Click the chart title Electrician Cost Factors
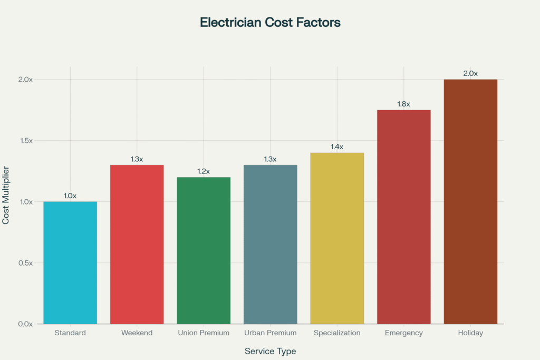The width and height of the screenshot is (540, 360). point(270,23)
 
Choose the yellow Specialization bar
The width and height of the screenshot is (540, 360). point(337,238)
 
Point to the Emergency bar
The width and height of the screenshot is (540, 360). point(403,217)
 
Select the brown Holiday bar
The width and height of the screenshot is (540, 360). point(470,201)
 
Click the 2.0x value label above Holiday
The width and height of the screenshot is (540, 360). point(470,73)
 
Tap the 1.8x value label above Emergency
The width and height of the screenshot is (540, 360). point(403,104)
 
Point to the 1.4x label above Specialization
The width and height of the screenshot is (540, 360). point(337,147)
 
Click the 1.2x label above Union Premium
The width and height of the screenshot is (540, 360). point(204,171)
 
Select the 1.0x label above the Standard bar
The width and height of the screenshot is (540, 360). point(70,196)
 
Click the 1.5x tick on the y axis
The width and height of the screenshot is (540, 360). point(24,141)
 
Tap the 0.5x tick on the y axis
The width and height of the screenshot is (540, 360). point(24,263)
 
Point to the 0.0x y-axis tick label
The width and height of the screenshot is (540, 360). point(24,324)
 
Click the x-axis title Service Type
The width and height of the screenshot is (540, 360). point(270,351)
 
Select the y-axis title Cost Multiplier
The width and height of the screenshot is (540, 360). point(6,195)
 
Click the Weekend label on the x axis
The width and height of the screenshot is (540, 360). point(137,333)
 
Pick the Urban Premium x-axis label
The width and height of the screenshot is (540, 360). point(270,333)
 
